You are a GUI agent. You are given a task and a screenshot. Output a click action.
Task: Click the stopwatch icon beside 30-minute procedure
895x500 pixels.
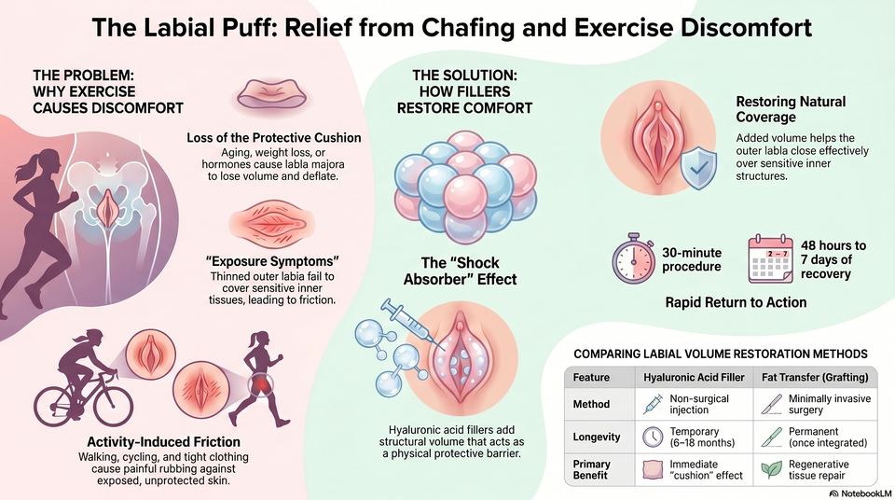click(633, 258)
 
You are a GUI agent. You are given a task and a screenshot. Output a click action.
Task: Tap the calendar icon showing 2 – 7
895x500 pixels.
click(770, 259)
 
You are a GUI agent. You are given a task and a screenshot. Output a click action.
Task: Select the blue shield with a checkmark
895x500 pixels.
click(698, 167)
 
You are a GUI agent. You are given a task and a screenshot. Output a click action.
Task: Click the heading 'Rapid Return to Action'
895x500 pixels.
click(736, 302)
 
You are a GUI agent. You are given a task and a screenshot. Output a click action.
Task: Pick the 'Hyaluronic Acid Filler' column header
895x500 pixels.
click(694, 377)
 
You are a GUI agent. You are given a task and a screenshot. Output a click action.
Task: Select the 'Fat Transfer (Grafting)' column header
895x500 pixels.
click(815, 377)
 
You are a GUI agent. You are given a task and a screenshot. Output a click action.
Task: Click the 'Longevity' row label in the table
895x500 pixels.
click(597, 437)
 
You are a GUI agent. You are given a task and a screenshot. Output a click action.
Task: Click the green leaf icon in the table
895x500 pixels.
click(772, 469)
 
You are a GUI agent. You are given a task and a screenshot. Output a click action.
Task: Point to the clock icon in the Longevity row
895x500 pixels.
click(653, 437)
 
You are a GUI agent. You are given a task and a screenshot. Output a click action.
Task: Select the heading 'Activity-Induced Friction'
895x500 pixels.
click(163, 442)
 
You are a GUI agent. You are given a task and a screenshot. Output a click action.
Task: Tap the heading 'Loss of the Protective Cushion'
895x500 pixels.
click(273, 138)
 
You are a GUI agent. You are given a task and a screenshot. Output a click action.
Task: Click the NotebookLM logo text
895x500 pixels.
click(860, 493)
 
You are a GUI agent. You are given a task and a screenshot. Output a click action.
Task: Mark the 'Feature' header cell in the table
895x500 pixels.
click(591, 377)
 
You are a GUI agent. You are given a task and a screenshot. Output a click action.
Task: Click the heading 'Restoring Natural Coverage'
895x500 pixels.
click(791, 109)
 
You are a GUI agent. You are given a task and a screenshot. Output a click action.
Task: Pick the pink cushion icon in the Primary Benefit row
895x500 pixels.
click(653, 470)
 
